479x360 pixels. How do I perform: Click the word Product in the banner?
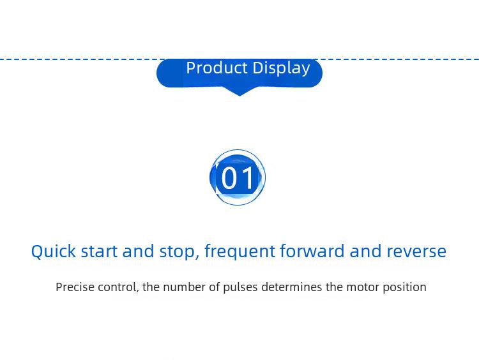point(217,68)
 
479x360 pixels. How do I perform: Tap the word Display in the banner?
point(282,68)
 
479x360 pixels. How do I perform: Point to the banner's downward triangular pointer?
point(240,91)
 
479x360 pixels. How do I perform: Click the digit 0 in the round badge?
point(229,178)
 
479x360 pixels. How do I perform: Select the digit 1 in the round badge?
point(247,178)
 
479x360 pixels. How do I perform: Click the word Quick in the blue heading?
point(54,251)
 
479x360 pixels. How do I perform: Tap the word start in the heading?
point(99,251)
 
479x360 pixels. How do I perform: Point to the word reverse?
point(416,252)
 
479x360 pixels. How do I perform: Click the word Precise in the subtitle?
point(75,287)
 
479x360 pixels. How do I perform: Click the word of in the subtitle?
point(215,287)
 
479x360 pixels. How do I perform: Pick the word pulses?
point(240,288)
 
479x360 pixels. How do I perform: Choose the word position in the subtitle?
point(404,288)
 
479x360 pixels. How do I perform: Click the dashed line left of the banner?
point(82,59)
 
